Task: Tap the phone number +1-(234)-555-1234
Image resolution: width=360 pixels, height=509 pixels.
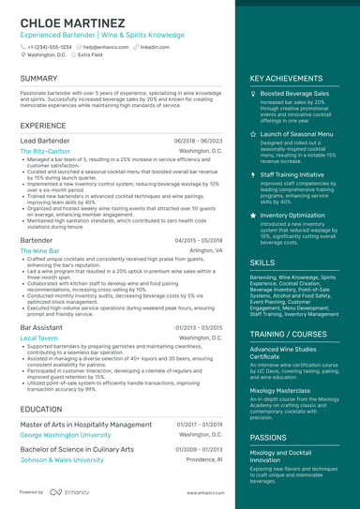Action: (49, 46)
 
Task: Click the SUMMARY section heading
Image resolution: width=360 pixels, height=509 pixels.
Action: (38, 79)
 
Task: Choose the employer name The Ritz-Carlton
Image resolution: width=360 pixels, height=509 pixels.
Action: (46, 150)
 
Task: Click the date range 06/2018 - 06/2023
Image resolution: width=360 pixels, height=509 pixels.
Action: (198, 140)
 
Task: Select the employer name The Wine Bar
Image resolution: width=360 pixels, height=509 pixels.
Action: (40, 251)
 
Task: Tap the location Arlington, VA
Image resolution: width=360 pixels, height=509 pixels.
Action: (205, 251)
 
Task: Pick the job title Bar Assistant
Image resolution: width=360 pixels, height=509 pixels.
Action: (43, 327)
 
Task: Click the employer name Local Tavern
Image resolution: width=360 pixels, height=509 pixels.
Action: (39, 337)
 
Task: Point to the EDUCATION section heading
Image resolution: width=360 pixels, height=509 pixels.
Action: (41, 409)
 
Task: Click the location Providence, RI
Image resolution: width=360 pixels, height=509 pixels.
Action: (204, 460)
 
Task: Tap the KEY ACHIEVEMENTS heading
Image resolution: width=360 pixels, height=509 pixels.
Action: (286, 79)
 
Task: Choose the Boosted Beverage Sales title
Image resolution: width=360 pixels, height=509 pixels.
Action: (294, 95)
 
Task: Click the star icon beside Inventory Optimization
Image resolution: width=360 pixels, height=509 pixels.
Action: (253, 215)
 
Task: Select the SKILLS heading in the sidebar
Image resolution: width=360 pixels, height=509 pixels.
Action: (262, 263)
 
